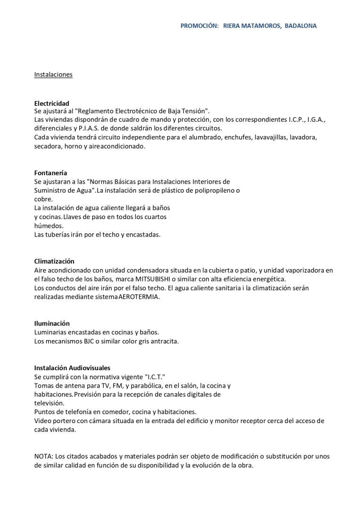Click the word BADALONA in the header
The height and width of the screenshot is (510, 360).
point(301,26)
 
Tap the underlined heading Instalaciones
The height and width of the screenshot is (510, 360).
point(53,75)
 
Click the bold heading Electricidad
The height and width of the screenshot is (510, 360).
point(51,103)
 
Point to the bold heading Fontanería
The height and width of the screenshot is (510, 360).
point(50,173)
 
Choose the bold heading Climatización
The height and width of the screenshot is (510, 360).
point(54,261)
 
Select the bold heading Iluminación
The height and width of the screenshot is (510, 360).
point(52,323)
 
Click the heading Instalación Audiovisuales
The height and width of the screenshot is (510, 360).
point(72,368)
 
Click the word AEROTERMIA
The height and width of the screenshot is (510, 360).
point(139,297)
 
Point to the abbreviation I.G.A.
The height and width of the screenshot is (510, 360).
point(316,120)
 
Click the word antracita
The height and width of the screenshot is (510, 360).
point(165,341)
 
